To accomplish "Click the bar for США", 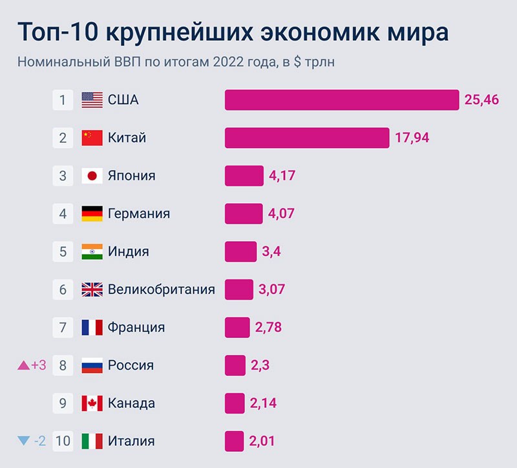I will tap(342, 100).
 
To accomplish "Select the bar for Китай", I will tap(307, 138).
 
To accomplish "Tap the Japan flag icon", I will tap(92, 176).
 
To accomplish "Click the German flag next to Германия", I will tap(92, 213).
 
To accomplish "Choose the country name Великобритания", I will tap(162, 289).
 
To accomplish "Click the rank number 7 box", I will tap(63, 327).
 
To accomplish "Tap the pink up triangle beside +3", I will tap(24, 365).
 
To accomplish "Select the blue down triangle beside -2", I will tap(24, 441).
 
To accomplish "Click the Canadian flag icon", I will tap(92, 403).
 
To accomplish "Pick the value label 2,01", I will tap(262, 441).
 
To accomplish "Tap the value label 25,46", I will tap(482, 100).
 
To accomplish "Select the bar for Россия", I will tap(235, 365).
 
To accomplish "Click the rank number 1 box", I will tap(63, 100).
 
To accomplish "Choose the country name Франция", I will tap(136, 327).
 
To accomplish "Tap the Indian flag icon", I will tap(92, 251).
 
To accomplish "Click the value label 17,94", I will tap(412, 138).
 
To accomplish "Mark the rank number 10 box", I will tap(63, 441).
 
